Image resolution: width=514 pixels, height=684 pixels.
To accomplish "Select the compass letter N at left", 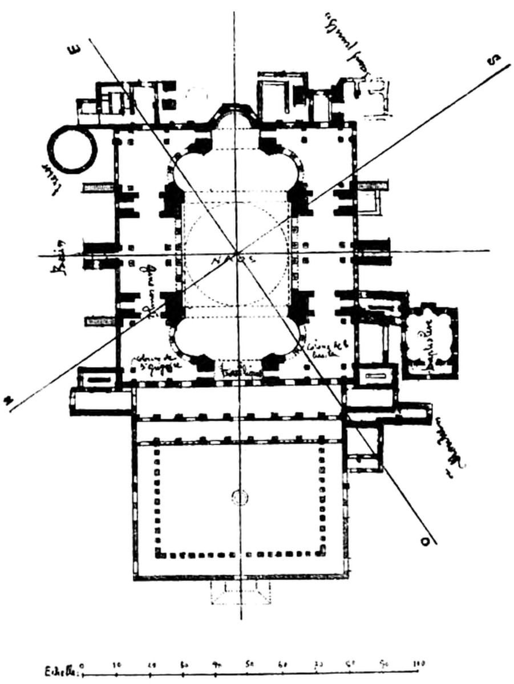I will point(7,400).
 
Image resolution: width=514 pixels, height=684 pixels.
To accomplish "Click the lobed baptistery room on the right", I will point(430,341).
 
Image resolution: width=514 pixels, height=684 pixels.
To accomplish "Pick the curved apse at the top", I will point(234,117).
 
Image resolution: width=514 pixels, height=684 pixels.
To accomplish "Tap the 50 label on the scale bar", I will point(250,665).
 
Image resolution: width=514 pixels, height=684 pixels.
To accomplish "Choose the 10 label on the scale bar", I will point(116,665).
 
